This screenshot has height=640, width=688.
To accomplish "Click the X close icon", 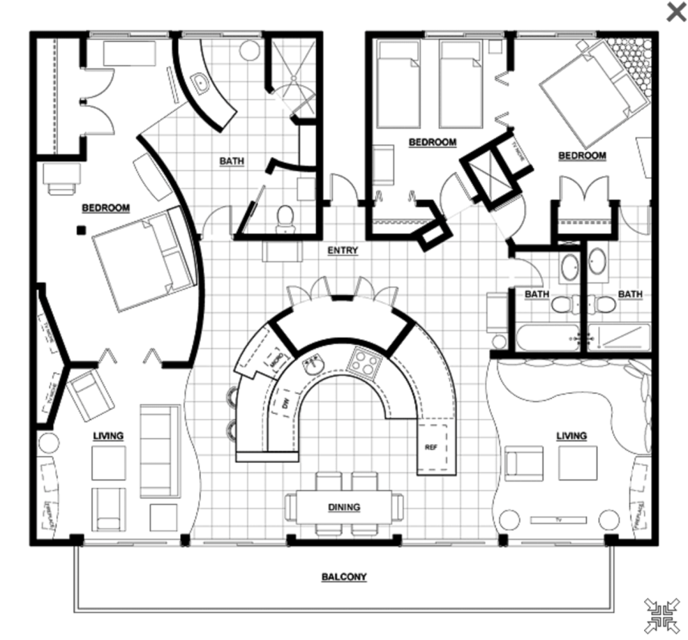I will pyautogui.click(x=675, y=11).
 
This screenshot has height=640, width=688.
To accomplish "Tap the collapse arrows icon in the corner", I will pyautogui.click(x=662, y=615).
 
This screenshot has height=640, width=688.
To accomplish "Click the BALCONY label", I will pyautogui.click(x=344, y=577).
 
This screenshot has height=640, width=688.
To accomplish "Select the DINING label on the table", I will pyautogui.click(x=344, y=508).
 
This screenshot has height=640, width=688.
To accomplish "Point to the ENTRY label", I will pyautogui.click(x=342, y=250).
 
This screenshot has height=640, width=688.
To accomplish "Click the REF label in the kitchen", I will pyautogui.click(x=431, y=447).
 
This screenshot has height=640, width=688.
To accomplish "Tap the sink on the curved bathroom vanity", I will pyautogui.click(x=200, y=83).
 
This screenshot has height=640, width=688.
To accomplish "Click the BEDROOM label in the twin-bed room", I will pyautogui.click(x=432, y=142).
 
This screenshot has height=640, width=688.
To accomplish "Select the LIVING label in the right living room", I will pyautogui.click(x=572, y=436).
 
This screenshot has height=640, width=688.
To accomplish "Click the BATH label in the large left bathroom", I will pyautogui.click(x=232, y=161).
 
